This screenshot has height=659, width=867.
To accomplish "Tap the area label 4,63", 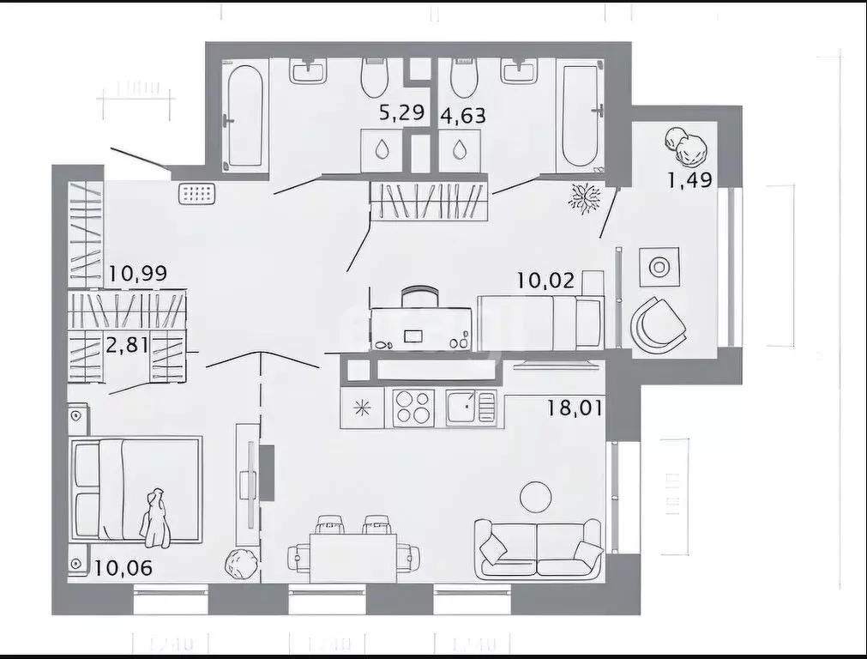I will tap(462, 114).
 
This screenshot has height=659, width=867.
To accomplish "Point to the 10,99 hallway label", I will tap(137, 275).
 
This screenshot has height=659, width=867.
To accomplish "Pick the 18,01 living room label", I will tap(575, 406).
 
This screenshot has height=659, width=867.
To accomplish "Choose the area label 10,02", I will tap(545, 280).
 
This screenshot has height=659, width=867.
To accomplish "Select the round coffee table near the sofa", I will tap(537, 496).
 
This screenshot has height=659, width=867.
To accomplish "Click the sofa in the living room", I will tap(538, 548).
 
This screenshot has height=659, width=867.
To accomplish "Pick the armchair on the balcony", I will tap(658, 324).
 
